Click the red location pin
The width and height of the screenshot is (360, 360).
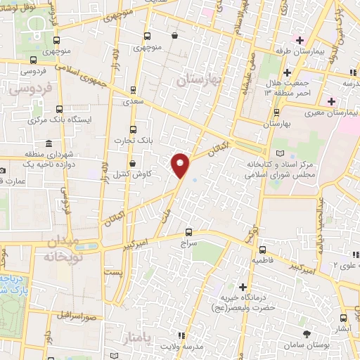(181, 164)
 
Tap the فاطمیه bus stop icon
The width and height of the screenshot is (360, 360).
(262, 250)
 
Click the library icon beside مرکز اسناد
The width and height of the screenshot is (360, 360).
(281, 153)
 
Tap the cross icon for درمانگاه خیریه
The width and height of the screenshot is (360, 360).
(243, 286)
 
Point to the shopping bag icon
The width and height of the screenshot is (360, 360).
(174, 36)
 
